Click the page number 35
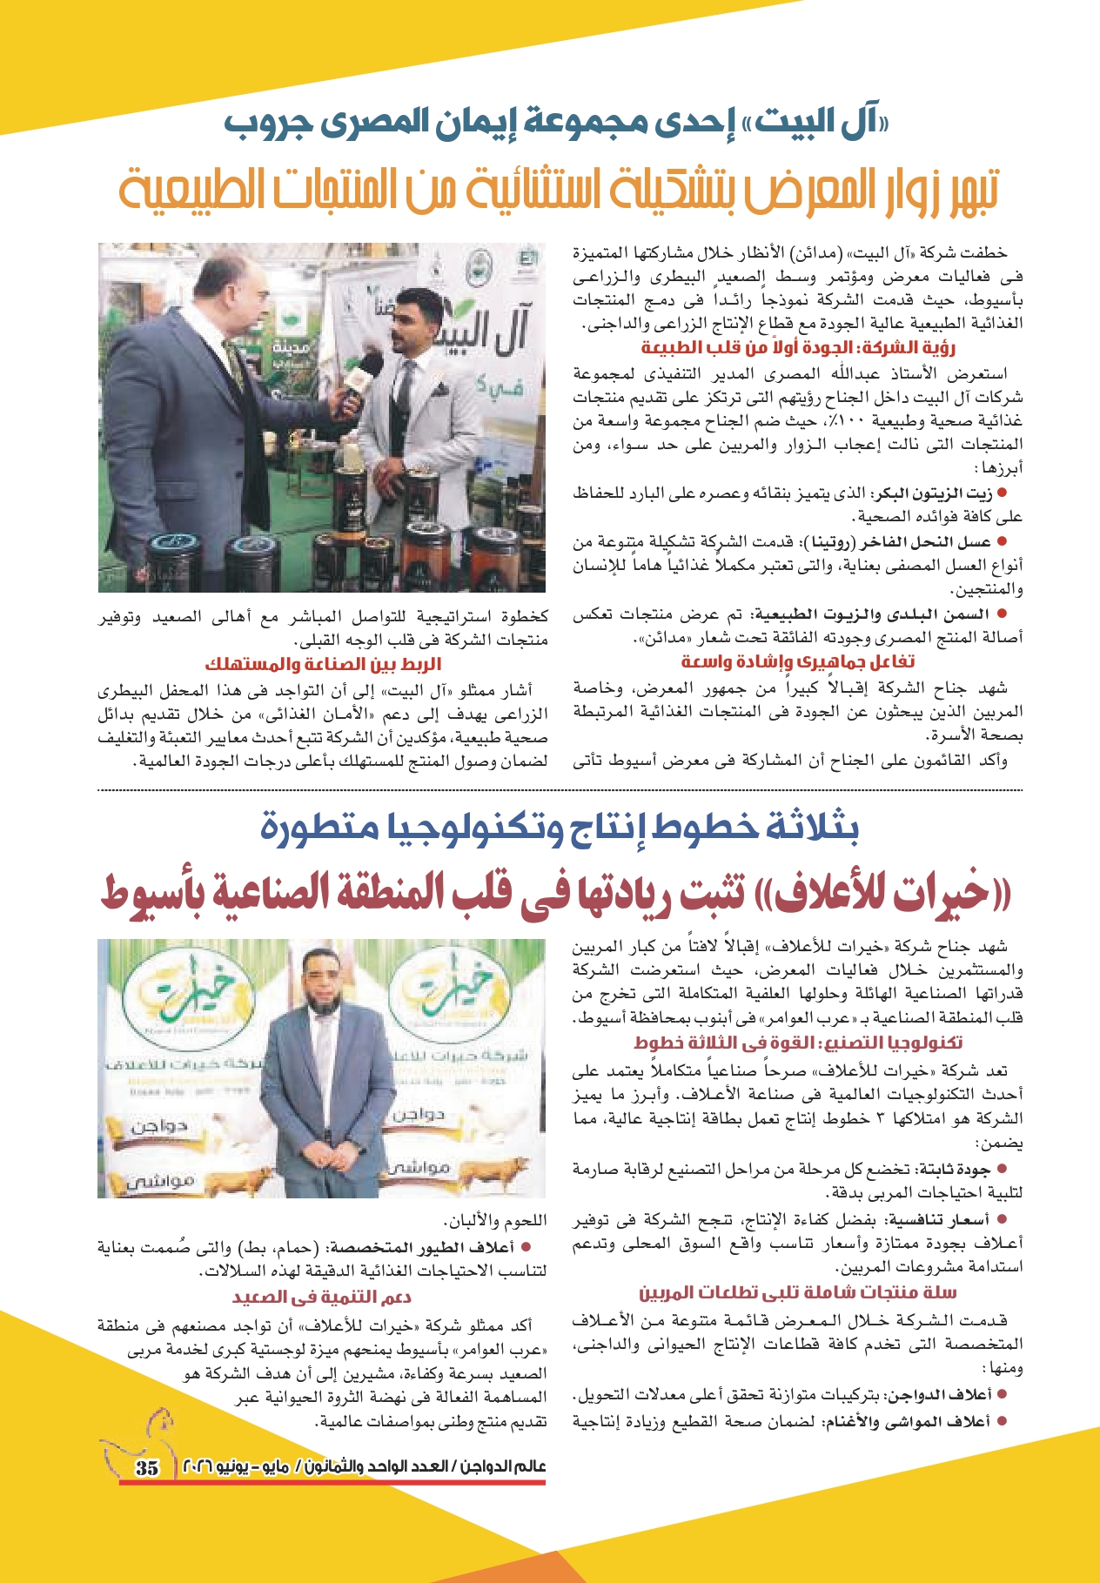[147, 1466]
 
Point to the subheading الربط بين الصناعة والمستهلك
[324, 665]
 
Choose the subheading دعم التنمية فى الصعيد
[322, 1296]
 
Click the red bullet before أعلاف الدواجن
[1002, 1393]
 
